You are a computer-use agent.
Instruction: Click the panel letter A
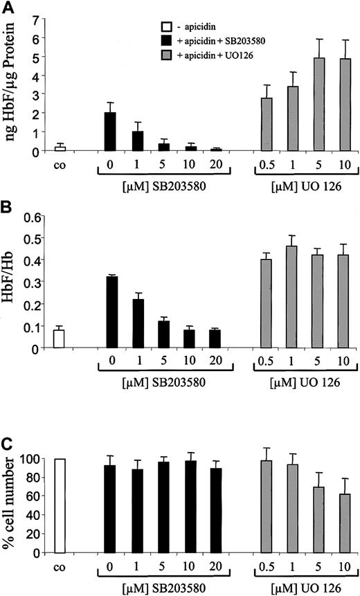(x=8, y=8)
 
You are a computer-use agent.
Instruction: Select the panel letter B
(x=8, y=206)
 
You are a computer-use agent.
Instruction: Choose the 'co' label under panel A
(x=60, y=166)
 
